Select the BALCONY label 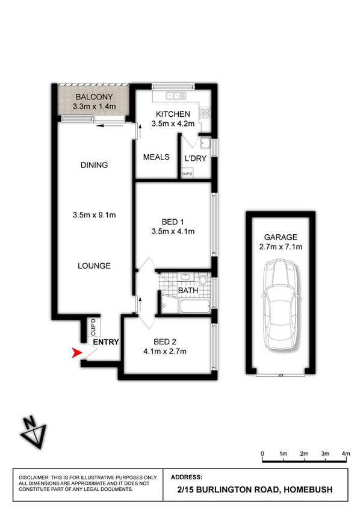[x=93, y=96]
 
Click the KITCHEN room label [x=173, y=114]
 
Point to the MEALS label [x=155, y=157]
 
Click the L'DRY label [x=197, y=158]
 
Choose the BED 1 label [x=173, y=220]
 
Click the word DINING [x=93, y=165]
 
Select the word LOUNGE [x=93, y=266]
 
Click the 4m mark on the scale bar [x=346, y=453]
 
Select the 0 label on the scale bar [x=262, y=453]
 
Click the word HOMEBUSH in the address [x=309, y=491]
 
